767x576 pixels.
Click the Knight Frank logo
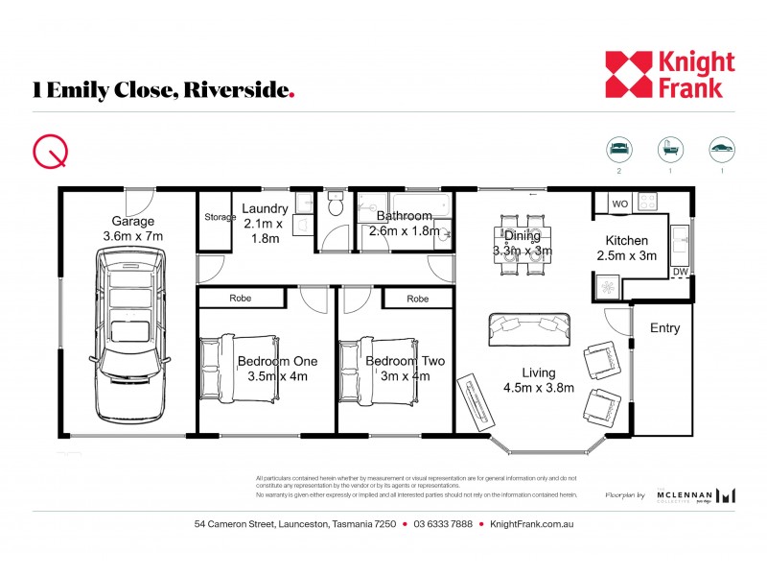tap(669, 75)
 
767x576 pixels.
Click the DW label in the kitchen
tap(680, 273)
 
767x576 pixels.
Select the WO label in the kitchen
tap(619, 204)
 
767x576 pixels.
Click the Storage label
tap(220, 218)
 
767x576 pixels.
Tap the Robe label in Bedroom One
tap(241, 299)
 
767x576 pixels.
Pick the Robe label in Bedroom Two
tap(417, 299)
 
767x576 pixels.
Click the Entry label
tap(664, 328)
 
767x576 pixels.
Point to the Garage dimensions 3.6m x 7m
tap(133, 235)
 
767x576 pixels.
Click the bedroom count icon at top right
tap(619, 150)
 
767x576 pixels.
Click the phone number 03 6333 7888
tap(443, 524)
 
